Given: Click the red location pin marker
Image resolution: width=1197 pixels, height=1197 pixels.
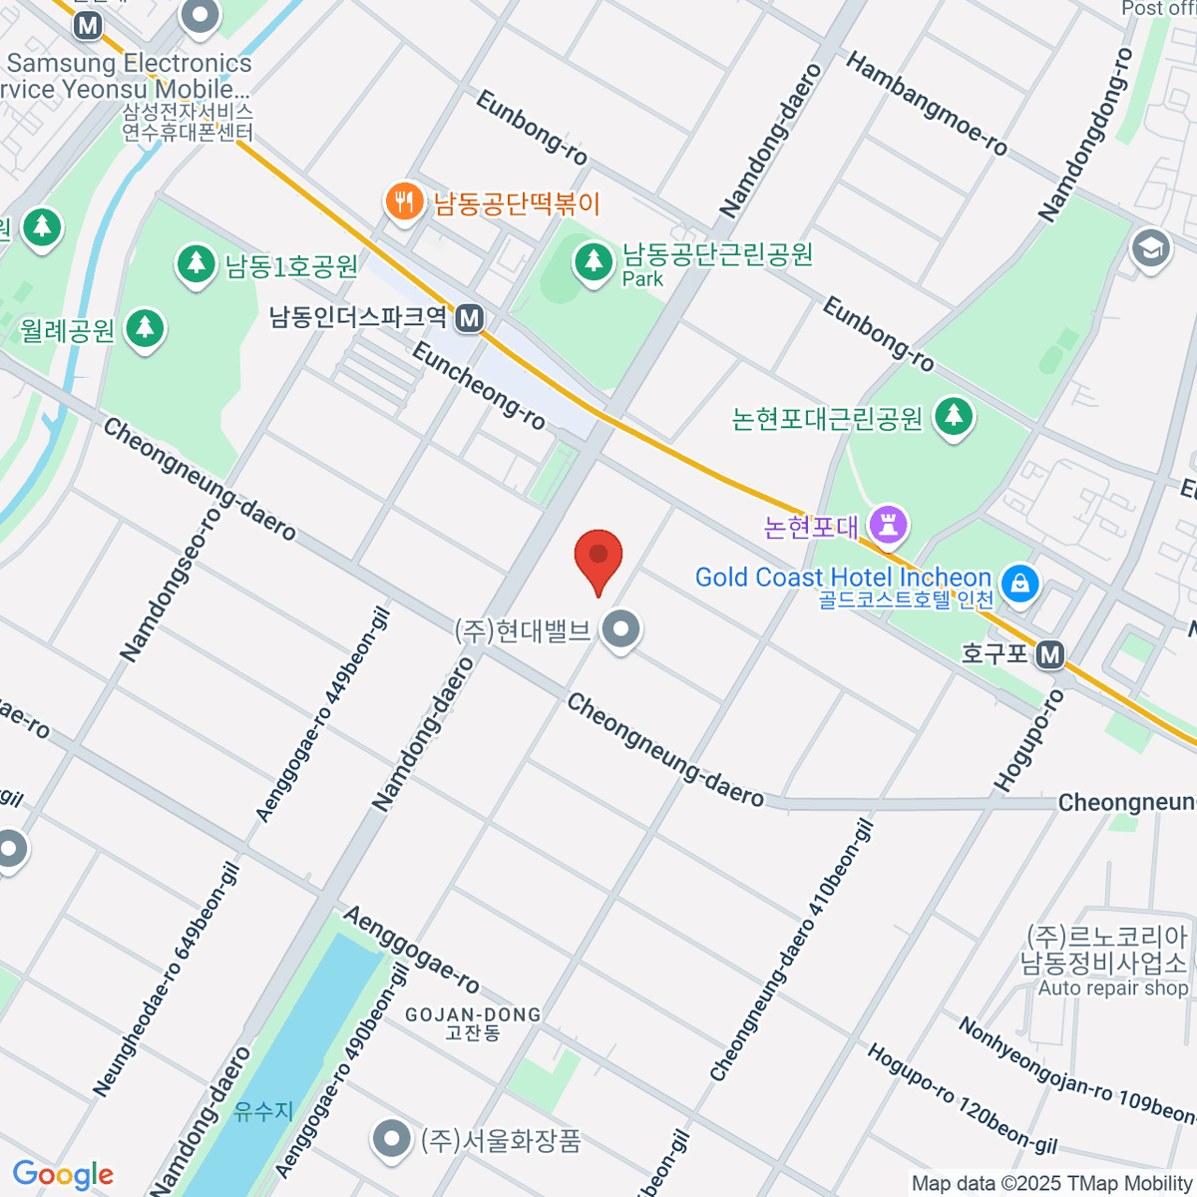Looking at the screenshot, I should coord(598,557).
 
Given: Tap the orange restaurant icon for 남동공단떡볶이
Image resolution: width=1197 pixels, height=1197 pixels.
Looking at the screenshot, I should coord(403,202).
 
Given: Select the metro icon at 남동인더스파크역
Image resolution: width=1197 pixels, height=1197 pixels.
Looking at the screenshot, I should coord(469,318).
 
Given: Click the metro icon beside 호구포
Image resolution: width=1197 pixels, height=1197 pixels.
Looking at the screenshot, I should coord(1049,654).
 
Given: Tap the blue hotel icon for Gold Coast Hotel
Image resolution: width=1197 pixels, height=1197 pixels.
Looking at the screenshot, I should coord(1020,582).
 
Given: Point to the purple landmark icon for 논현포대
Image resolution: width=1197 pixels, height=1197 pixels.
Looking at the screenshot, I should coord(888,523).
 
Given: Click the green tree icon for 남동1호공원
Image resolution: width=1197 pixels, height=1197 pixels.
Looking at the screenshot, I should coord(197,264).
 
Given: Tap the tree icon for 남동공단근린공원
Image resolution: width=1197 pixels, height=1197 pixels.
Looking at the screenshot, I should coord(594,262).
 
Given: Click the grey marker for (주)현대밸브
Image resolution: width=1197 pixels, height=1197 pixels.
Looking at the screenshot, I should coord(622,629).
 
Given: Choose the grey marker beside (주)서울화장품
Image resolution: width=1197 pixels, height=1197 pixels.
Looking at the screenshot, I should coord(391,1138).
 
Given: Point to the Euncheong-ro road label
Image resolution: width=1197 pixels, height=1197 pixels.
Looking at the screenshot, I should coord(479,385).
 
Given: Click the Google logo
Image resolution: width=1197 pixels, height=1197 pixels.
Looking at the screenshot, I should coord(63,1174).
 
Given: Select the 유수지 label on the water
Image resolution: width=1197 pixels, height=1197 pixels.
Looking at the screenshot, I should coord(264,1110).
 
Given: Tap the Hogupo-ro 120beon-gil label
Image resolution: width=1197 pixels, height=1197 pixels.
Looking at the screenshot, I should coord(961,1099).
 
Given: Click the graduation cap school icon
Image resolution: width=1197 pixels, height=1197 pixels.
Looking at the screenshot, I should coord(1150,248).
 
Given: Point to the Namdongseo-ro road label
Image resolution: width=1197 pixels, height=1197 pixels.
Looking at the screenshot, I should coord(170,584).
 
